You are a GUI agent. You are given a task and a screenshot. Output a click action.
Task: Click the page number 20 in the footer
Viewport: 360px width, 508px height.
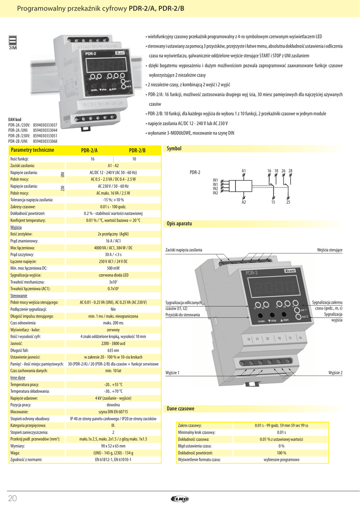tap(13, 498)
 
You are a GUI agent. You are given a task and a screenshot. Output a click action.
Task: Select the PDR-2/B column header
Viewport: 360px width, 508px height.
tap(137, 150)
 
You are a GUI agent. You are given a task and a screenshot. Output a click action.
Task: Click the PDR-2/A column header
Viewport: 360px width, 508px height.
tap(89, 150)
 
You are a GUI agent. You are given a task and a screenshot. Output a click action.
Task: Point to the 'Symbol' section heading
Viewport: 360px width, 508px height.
tap(174, 149)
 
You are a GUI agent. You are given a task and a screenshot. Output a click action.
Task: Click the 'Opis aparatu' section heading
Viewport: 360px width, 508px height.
tap(179, 224)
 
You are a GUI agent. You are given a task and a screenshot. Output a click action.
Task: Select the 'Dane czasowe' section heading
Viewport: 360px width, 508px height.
tap(180, 408)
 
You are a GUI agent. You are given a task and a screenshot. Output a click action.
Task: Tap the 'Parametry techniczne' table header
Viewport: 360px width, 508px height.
tap(32, 150)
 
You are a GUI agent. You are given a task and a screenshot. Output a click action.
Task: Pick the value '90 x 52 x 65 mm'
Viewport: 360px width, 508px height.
tap(113, 446)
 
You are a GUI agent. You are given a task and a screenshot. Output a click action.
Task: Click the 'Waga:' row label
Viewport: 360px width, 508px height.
tap(15, 453)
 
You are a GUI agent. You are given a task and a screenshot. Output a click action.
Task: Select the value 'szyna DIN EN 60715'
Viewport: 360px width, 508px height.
tap(113, 411)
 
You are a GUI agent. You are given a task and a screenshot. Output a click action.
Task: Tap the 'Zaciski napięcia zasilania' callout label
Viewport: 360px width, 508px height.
tap(184, 250)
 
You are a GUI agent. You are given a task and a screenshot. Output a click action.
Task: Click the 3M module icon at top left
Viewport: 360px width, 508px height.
tap(13, 43)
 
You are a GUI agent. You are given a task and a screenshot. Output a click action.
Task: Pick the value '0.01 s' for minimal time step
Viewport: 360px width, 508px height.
tap(282, 432)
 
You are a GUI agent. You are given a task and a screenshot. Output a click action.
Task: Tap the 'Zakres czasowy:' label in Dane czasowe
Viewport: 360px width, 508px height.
tap(190, 425)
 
